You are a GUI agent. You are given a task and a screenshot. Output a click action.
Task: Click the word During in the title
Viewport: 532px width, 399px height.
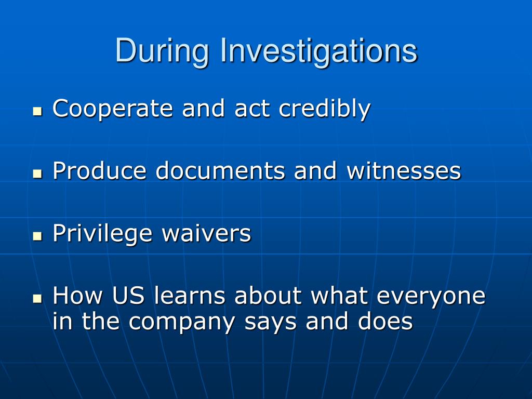(162, 51)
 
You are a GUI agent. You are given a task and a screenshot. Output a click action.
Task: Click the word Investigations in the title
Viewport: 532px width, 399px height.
(319, 51)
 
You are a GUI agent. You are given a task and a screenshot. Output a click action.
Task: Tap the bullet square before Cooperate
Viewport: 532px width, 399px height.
(37, 111)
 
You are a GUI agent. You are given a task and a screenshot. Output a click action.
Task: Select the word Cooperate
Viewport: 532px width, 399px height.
(113, 109)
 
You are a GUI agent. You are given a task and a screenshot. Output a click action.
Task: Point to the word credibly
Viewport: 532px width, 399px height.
(324, 109)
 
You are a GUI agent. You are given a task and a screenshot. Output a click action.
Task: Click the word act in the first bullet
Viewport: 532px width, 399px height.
(252, 109)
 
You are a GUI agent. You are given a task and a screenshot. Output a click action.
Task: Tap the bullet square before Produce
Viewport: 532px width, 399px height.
(37, 174)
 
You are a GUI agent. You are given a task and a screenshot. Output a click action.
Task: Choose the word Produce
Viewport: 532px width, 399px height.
(99, 170)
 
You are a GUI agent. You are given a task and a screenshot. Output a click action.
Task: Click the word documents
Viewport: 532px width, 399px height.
(220, 170)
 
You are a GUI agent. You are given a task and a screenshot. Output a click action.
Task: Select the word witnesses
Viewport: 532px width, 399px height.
(404, 170)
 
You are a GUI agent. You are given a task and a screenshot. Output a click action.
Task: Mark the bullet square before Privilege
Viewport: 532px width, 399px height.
(37, 236)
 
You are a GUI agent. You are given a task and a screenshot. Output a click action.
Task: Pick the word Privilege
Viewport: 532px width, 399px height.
(102, 233)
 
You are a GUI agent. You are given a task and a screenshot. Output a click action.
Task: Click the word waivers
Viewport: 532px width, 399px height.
(206, 233)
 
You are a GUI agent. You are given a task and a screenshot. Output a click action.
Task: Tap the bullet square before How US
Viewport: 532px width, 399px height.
(37, 299)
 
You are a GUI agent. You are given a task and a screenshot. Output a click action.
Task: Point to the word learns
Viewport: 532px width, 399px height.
(189, 295)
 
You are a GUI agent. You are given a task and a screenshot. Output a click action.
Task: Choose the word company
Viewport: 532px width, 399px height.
(182, 322)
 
